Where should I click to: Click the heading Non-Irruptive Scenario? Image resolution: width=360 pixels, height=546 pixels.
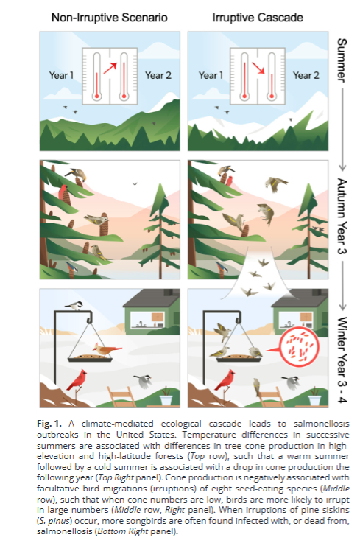pos(110,18)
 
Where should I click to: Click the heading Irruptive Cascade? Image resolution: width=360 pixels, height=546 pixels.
pos(258,18)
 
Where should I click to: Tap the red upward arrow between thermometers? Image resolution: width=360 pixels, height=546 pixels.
pos(110,68)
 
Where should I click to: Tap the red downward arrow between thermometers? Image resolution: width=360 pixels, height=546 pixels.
pos(258,68)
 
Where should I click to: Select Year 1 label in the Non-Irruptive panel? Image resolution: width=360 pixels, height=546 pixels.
pos(61,75)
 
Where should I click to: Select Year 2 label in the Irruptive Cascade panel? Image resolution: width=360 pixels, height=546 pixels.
pos(306,75)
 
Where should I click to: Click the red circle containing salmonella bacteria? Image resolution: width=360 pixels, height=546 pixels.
pos(300,348)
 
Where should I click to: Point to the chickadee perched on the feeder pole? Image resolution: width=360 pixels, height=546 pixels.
pos(74,306)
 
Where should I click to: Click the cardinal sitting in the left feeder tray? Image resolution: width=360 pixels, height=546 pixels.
pos(105,349)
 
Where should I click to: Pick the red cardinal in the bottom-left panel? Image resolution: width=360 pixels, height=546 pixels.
pos(78,380)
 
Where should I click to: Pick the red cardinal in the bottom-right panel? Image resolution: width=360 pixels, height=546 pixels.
pos(226,380)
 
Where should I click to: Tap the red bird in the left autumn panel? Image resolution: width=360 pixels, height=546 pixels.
pos(63,192)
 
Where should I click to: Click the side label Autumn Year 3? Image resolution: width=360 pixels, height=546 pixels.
pos(342,216)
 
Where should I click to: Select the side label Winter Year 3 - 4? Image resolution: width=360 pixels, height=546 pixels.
pos(342,360)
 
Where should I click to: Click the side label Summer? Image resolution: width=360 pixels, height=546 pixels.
pos(342,60)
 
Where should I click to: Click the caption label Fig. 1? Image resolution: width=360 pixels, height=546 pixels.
pos(49,424)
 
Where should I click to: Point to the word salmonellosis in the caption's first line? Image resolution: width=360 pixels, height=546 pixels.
pos(322,424)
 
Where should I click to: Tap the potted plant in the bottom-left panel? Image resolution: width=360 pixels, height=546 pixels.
pos(166,396)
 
